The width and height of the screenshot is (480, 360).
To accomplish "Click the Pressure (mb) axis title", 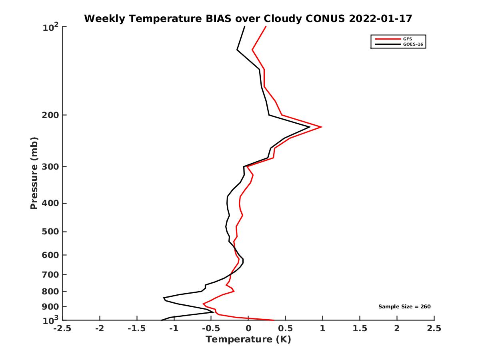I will (34, 173).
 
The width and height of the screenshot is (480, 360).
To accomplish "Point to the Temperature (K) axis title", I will (248, 340).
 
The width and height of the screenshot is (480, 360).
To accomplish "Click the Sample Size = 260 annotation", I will (404, 307).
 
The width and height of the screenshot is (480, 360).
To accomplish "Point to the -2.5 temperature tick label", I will (62, 328).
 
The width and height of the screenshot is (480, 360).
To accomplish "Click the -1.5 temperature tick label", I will (137, 328).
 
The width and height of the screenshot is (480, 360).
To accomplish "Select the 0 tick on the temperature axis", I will (248, 328).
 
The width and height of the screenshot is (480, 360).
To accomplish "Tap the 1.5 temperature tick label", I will (360, 328).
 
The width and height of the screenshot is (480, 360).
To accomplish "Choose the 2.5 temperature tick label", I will (434, 328).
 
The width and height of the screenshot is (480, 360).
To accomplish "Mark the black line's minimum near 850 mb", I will (164, 298).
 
